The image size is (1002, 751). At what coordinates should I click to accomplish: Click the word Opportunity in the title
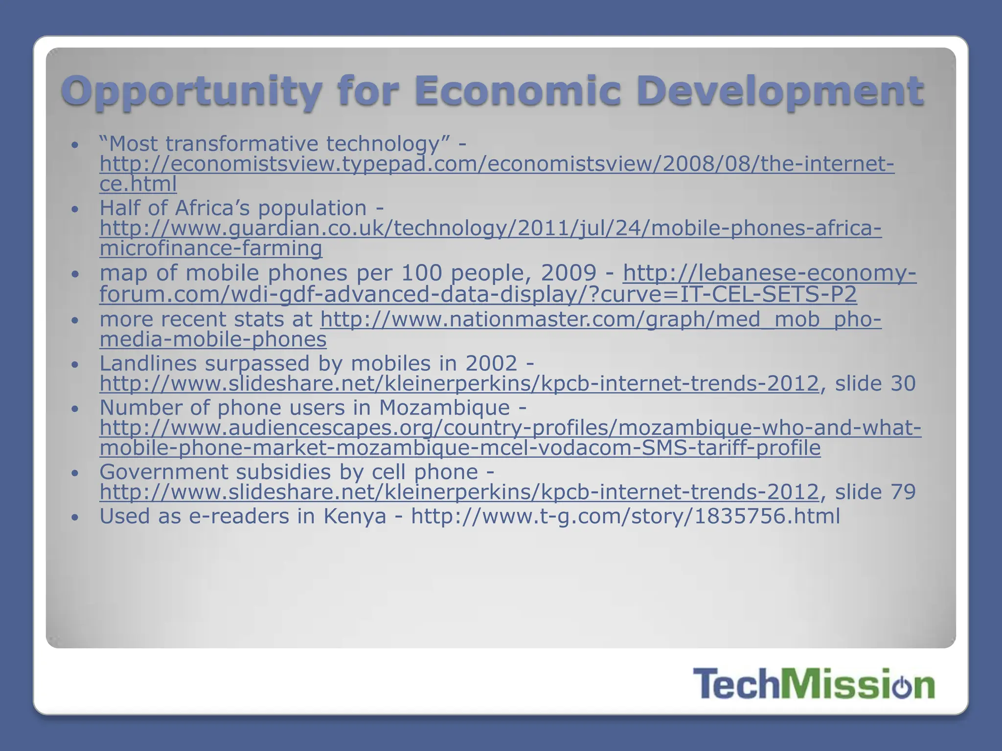(x=191, y=92)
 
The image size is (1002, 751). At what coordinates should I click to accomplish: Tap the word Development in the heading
(x=780, y=92)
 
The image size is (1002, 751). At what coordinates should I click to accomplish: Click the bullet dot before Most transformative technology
(x=74, y=145)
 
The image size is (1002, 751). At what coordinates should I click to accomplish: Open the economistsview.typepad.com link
(x=496, y=164)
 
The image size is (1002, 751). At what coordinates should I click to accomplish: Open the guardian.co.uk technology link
(x=490, y=228)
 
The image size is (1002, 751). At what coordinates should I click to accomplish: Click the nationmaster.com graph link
(x=600, y=319)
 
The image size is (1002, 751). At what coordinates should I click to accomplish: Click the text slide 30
(x=875, y=383)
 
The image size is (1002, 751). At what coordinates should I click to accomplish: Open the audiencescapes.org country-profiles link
(x=510, y=428)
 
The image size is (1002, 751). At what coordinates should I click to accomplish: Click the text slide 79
(x=875, y=492)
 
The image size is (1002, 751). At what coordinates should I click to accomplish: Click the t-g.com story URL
(x=625, y=516)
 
